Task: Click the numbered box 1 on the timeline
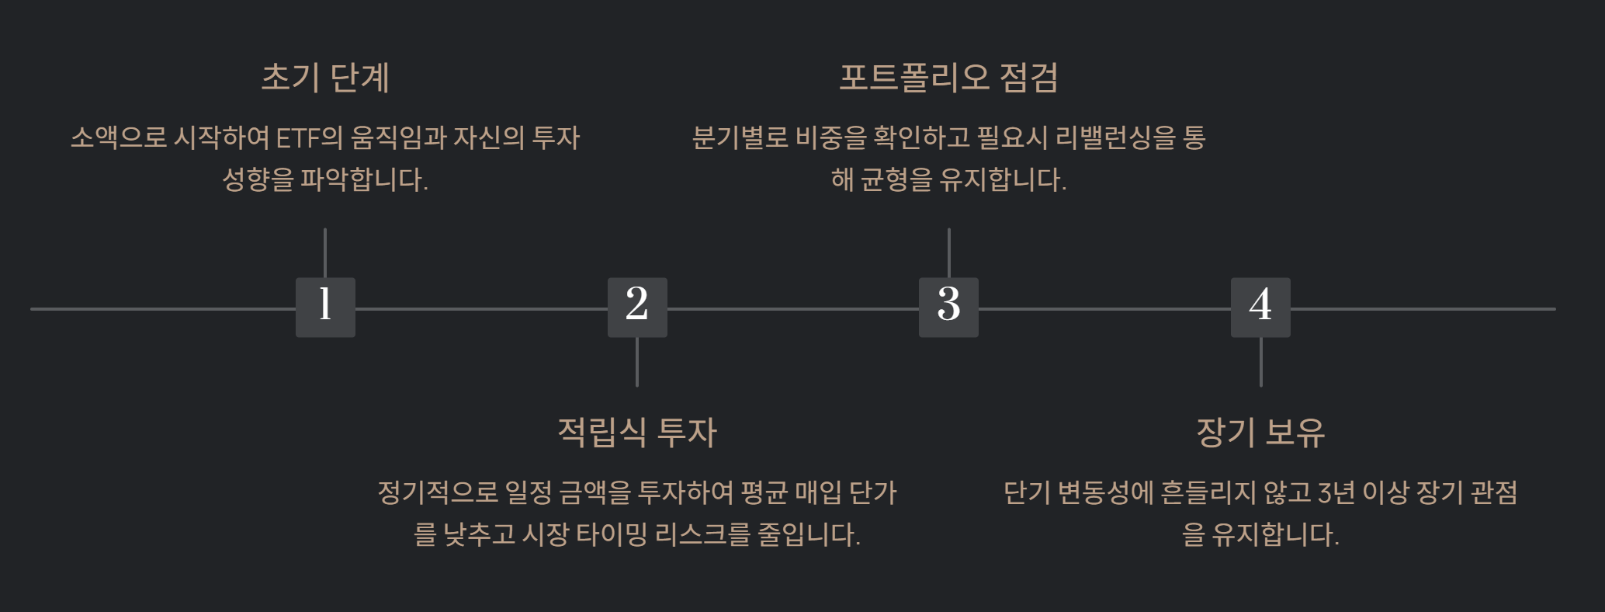click(x=325, y=307)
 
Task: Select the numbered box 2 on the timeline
click(x=637, y=307)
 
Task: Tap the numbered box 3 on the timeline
click(x=948, y=307)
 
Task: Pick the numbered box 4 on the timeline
click(x=1260, y=307)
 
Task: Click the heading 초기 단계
click(x=325, y=78)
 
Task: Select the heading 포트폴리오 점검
click(x=948, y=78)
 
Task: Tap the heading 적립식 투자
click(x=637, y=433)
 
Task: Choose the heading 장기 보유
click(x=1260, y=433)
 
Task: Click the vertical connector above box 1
click(x=325, y=252)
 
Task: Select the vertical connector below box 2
click(x=637, y=362)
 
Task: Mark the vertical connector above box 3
click(x=948, y=252)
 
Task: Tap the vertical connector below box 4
click(x=1260, y=362)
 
